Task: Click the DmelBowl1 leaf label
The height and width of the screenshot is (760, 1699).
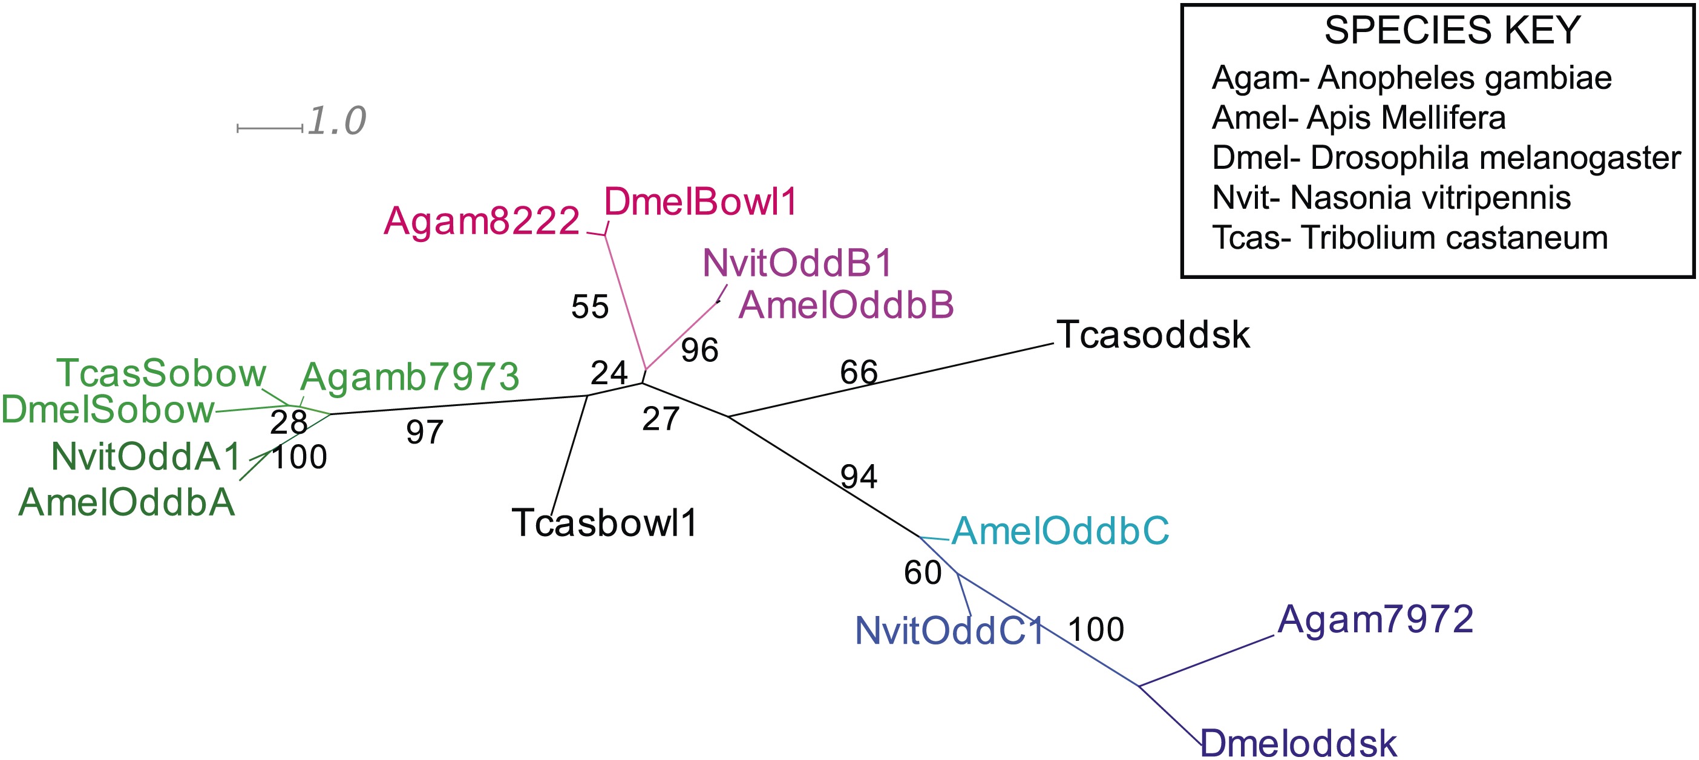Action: point(701,202)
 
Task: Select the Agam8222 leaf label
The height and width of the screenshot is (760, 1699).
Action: point(482,220)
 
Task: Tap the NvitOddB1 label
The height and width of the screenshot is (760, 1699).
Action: point(797,263)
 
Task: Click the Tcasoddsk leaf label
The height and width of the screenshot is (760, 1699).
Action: point(1153,335)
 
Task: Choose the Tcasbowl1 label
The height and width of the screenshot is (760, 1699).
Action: point(604,523)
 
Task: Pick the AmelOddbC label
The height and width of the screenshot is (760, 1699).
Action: point(1060,531)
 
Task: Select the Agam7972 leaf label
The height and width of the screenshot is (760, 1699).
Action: point(1375,620)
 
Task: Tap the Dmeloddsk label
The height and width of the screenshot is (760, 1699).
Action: point(1298,744)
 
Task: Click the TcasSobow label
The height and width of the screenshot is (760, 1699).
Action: point(161,373)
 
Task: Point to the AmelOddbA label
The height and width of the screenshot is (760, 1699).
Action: point(126,502)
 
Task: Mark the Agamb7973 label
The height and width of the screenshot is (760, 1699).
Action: point(410,378)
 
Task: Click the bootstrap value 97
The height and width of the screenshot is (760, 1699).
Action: point(425,433)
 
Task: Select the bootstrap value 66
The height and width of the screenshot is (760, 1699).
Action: point(859,373)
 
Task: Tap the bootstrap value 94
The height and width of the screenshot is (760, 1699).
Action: point(859,477)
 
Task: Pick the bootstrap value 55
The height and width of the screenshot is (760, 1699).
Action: point(590,307)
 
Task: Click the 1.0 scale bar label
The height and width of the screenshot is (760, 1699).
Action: point(336,122)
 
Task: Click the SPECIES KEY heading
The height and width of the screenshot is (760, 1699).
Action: point(1452,30)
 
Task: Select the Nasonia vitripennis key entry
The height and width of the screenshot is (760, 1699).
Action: point(1392,198)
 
